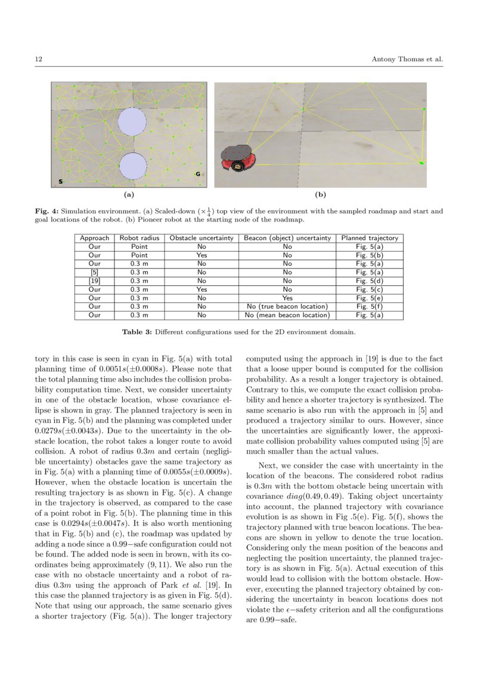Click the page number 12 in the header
pyautogui.click(x=39, y=59)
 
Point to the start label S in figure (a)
pyautogui.click(x=60, y=182)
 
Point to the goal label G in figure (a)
pyautogui.click(x=198, y=174)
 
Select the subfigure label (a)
pyautogui.click(x=128, y=195)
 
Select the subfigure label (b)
pyautogui.click(x=320, y=195)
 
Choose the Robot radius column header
pyautogui.click(x=139, y=238)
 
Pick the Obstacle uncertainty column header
pyautogui.click(x=201, y=238)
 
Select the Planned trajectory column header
pyautogui.click(x=369, y=238)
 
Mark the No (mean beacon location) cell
pyautogui.click(x=287, y=315)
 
